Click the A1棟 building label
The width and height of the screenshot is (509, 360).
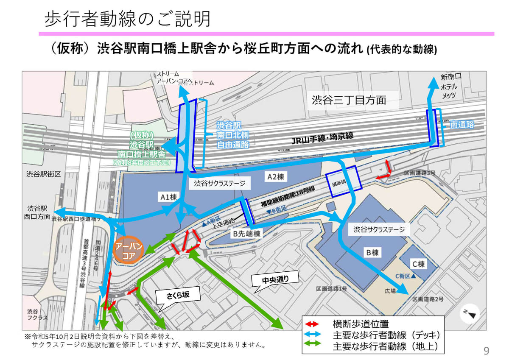pyautogui.click(x=168, y=196)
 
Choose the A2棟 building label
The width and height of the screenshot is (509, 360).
pyautogui.click(x=274, y=177)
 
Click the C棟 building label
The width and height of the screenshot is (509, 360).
pyautogui.click(x=416, y=264)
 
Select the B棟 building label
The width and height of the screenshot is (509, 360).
pyautogui.click(x=372, y=253)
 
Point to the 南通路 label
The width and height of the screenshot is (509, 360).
pyautogui.click(x=462, y=124)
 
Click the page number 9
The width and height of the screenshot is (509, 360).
pyautogui.click(x=486, y=350)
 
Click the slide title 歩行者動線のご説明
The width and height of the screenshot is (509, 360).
pyautogui.click(x=127, y=18)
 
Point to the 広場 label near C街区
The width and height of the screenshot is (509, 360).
pyautogui.click(x=390, y=291)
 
